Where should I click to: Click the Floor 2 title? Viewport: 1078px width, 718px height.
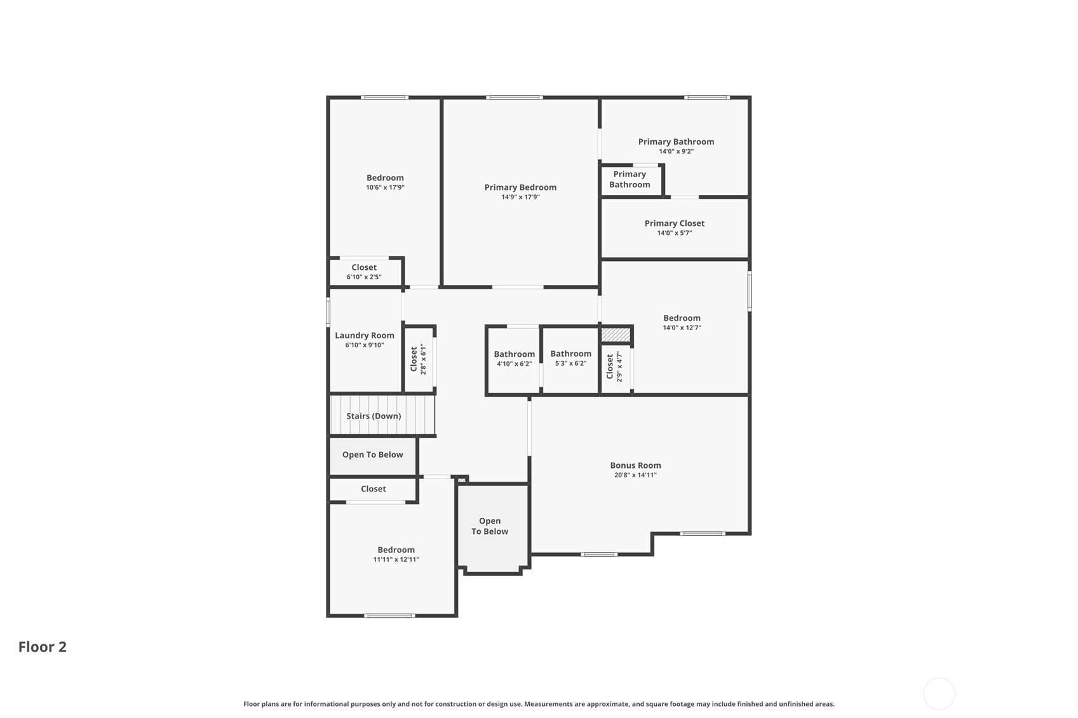click(x=43, y=647)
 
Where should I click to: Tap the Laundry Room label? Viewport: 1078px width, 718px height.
click(x=364, y=335)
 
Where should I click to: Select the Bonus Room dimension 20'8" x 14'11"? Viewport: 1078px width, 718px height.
click(x=635, y=475)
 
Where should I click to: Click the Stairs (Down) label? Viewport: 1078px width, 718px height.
click(x=374, y=416)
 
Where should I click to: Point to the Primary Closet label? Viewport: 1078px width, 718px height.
click(x=674, y=223)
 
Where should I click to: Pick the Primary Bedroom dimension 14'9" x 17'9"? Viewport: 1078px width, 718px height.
click(x=520, y=197)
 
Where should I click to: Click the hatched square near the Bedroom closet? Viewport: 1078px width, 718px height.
click(x=616, y=335)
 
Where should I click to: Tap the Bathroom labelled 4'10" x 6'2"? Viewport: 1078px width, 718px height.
click(x=514, y=358)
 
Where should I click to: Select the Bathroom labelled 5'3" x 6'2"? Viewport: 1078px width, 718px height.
click(x=571, y=357)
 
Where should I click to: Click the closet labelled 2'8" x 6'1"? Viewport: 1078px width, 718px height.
click(x=418, y=359)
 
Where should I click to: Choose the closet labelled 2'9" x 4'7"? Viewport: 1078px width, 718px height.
click(x=614, y=366)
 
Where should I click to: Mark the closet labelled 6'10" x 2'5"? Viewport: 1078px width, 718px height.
click(x=364, y=271)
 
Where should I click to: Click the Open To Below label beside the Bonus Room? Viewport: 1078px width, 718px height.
click(x=489, y=526)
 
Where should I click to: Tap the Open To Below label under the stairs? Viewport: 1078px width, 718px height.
click(x=372, y=455)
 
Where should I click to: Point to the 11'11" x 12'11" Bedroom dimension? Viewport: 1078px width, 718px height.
click(x=396, y=560)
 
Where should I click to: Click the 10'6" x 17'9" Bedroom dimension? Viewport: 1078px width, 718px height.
click(x=385, y=187)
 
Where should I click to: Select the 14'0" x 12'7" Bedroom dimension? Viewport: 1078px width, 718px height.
click(x=682, y=328)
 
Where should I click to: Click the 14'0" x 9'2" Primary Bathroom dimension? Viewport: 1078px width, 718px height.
click(x=676, y=152)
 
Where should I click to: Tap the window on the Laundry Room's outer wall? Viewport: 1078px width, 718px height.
click(x=328, y=312)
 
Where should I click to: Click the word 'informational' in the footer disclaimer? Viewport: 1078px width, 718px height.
click(x=327, y=704)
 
